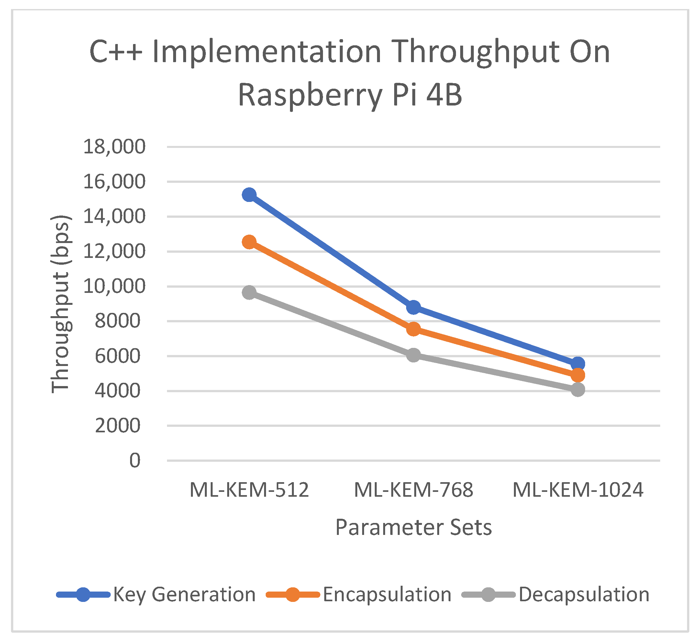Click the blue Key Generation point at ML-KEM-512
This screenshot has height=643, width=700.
pos(249,195)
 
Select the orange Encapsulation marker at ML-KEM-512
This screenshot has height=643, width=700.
pos(249,242)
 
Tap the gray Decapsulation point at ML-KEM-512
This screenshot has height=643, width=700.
pos(249,292)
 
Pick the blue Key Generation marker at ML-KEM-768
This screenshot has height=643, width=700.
pos(413,307)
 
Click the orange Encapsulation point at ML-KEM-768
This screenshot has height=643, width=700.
pos(413,328)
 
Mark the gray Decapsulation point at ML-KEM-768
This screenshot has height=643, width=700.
pos(413,355)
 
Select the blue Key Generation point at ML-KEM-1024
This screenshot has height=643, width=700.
pos(578,364)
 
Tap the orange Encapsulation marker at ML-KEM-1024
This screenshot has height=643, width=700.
pos(578,375)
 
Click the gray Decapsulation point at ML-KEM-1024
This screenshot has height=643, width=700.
pos(578,390)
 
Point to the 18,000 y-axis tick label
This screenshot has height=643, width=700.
pos(114,147)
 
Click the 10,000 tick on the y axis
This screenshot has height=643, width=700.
pos(114,286)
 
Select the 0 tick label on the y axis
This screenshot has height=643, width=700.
pos(135,460)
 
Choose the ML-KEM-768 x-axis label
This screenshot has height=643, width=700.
pos(413,490)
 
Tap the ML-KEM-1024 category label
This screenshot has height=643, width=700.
pos(578,490)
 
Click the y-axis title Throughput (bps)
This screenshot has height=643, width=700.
pos(61,304)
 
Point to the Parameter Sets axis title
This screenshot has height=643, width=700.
pos(413,527)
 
